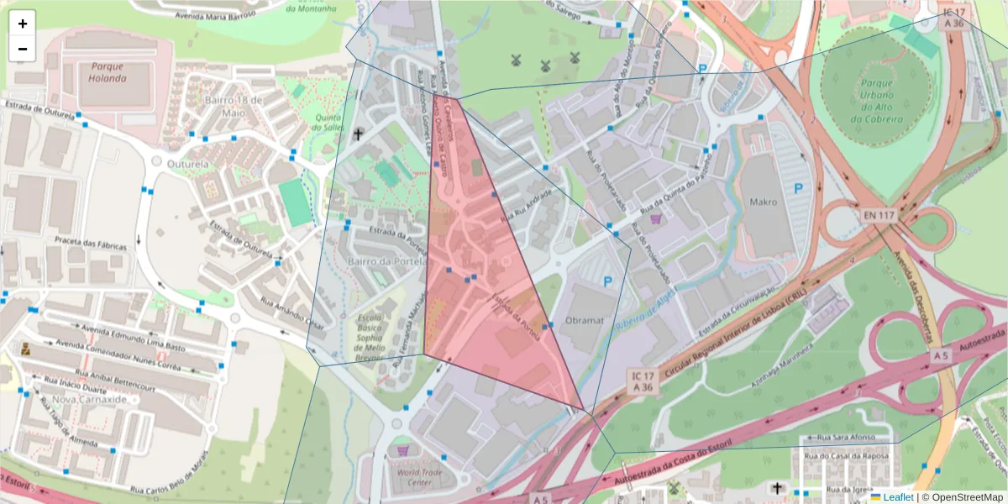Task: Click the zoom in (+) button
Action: [x=23, y=24]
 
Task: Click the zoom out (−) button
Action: [x=23, y=49]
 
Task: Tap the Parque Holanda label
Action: [x=107, y=71]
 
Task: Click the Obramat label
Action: [x=585, y=321]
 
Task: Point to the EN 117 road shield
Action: [x=879, y=216]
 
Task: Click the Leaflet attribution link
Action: [x=898, y=497]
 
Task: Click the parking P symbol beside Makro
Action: [x=797, y=189]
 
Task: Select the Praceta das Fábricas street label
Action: [x=90, y=244]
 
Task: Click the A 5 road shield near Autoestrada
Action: [x=941, y=357]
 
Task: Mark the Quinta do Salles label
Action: [x=327, y=123]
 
